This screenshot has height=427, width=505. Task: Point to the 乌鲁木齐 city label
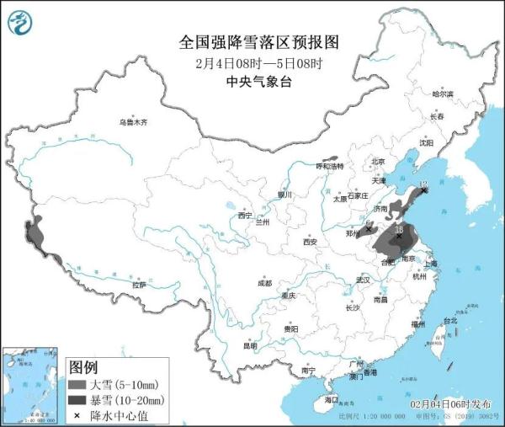click(x=132, y=123)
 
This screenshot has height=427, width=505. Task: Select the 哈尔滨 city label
click(x=442, y=93)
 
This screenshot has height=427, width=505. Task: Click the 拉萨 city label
click(x=138, y=285)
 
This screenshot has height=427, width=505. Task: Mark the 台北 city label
click(x=449, y=321)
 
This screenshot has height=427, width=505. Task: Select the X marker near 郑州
click(x=368, y=228)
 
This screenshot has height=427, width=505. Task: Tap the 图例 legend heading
click(x=82, y=367)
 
